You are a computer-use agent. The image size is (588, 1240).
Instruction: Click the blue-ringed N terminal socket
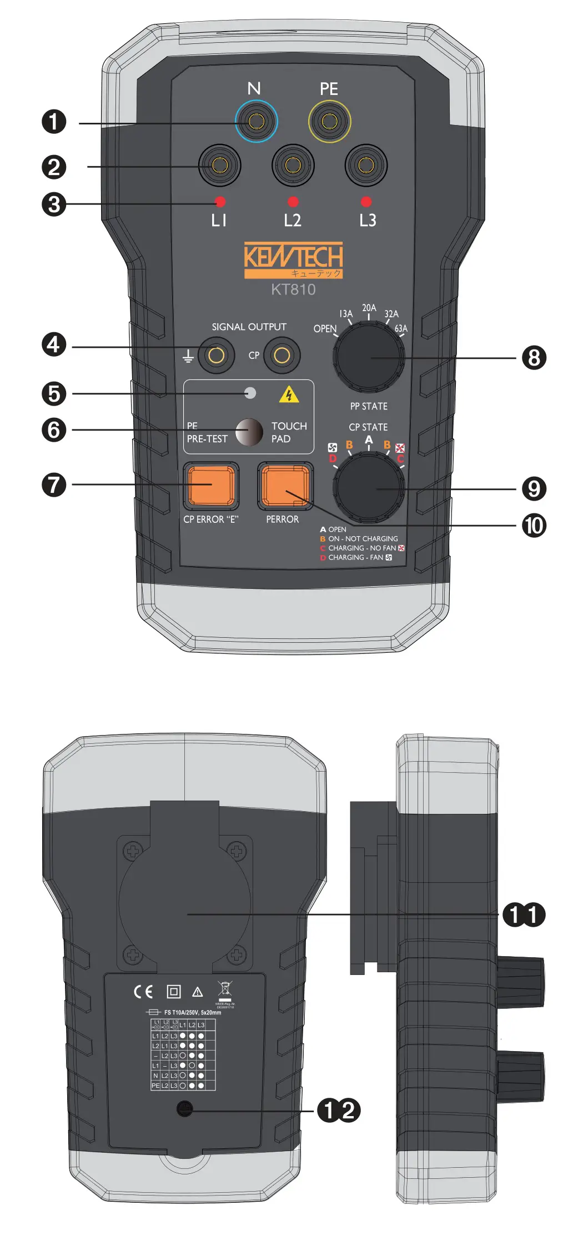coord(256,121)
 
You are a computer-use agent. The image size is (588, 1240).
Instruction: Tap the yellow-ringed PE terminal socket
coord(329,121)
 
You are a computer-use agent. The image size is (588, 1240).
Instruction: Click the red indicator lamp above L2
coord(293,202)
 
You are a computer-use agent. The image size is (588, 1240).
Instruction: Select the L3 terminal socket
coord(365,165)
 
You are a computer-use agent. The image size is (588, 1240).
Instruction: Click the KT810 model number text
coord(293,289)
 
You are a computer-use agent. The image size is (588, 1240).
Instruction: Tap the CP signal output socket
coord(282,356)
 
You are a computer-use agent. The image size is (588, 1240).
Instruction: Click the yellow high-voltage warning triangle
coord(289,395)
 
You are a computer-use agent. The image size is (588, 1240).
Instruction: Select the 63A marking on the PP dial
coord(401,328)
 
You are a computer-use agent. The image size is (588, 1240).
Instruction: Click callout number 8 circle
coord(534,358)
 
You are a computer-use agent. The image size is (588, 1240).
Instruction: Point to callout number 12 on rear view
coord(339,1111)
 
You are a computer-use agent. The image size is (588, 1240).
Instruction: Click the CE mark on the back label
coord(143,992)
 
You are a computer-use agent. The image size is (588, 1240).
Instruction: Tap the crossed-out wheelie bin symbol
coord(225,989)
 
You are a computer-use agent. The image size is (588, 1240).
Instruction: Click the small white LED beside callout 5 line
coord(250,393)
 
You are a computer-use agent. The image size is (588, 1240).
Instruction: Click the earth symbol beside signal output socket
coord(189,356)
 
